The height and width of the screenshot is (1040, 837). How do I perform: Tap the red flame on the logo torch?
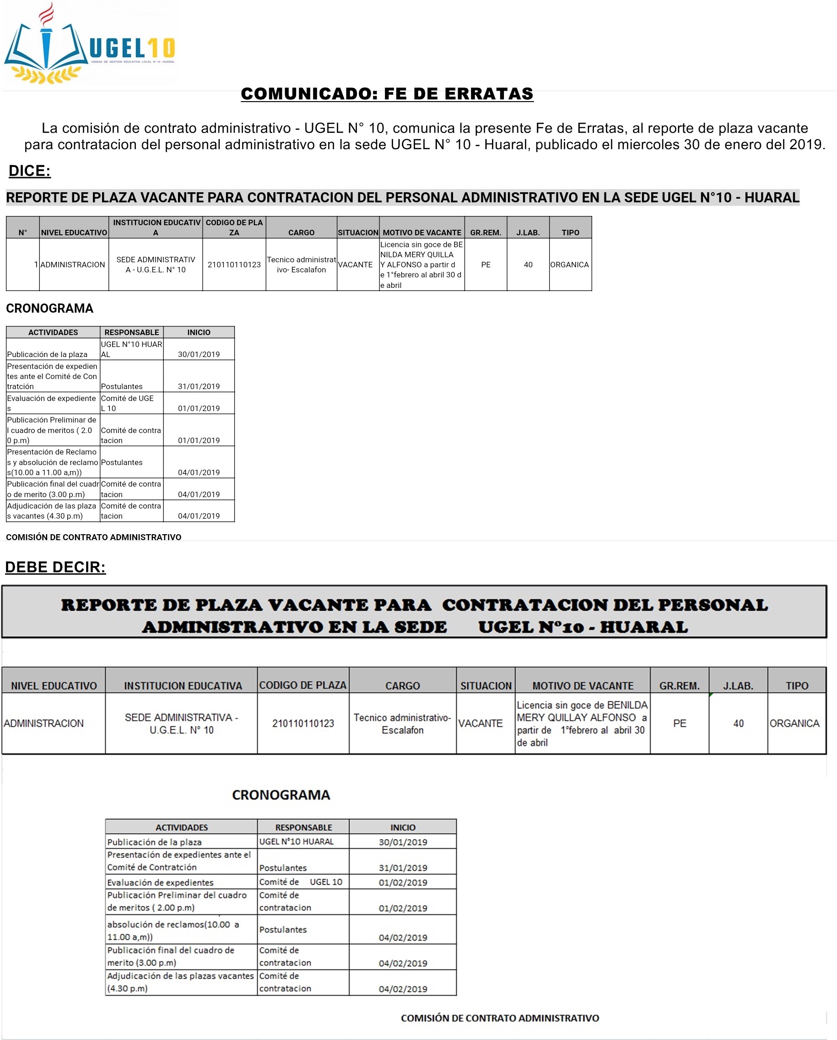pyautogui.click(x=46, y=14)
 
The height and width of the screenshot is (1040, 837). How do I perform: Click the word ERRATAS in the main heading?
pyautogui.click(x=489, y=93)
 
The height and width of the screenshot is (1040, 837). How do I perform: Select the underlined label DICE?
pyautogui.click(x=29, y=171)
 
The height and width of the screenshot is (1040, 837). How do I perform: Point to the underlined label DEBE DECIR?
pyautogui.click(x=55, y=567)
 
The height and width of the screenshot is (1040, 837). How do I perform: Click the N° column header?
pyautogui.click(x=23, y=233)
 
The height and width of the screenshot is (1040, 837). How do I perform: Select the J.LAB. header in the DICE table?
pyautogui.click(x=528, y=233)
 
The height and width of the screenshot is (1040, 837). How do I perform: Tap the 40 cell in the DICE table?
pyautogui.click(x=528, y=264)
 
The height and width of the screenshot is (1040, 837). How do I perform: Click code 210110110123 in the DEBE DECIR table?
pyautogui.click(x=303, y=723)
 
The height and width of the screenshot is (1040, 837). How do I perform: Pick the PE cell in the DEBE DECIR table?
pyautogui.click(x=679, y=723)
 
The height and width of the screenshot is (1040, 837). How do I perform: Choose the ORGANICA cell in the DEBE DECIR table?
pyautogui.click(x=794, y=723)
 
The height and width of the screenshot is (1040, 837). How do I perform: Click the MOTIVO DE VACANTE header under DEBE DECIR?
pyautogui.click(x=583, y=685)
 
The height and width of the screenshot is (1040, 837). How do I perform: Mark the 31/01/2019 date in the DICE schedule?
pyautogui.click(x=199, y=386)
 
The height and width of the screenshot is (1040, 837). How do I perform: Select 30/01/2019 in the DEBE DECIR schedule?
pyautogui.click(x=403, y=842)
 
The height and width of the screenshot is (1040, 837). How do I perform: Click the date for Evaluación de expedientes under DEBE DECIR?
pyautogui.click(x=403, y=882)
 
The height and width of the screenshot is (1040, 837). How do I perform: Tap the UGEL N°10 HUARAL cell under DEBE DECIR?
pyautogui.click(x=297, y=841)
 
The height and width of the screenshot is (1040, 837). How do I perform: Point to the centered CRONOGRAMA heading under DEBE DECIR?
pyautogui.click(x=281, y=795)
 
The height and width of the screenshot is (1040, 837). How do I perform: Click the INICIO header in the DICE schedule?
pyautogui.click(x=199, y=332)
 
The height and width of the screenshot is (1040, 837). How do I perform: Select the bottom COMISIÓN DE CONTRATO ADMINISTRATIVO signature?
pyautogui.click(x=500, y=1018)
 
